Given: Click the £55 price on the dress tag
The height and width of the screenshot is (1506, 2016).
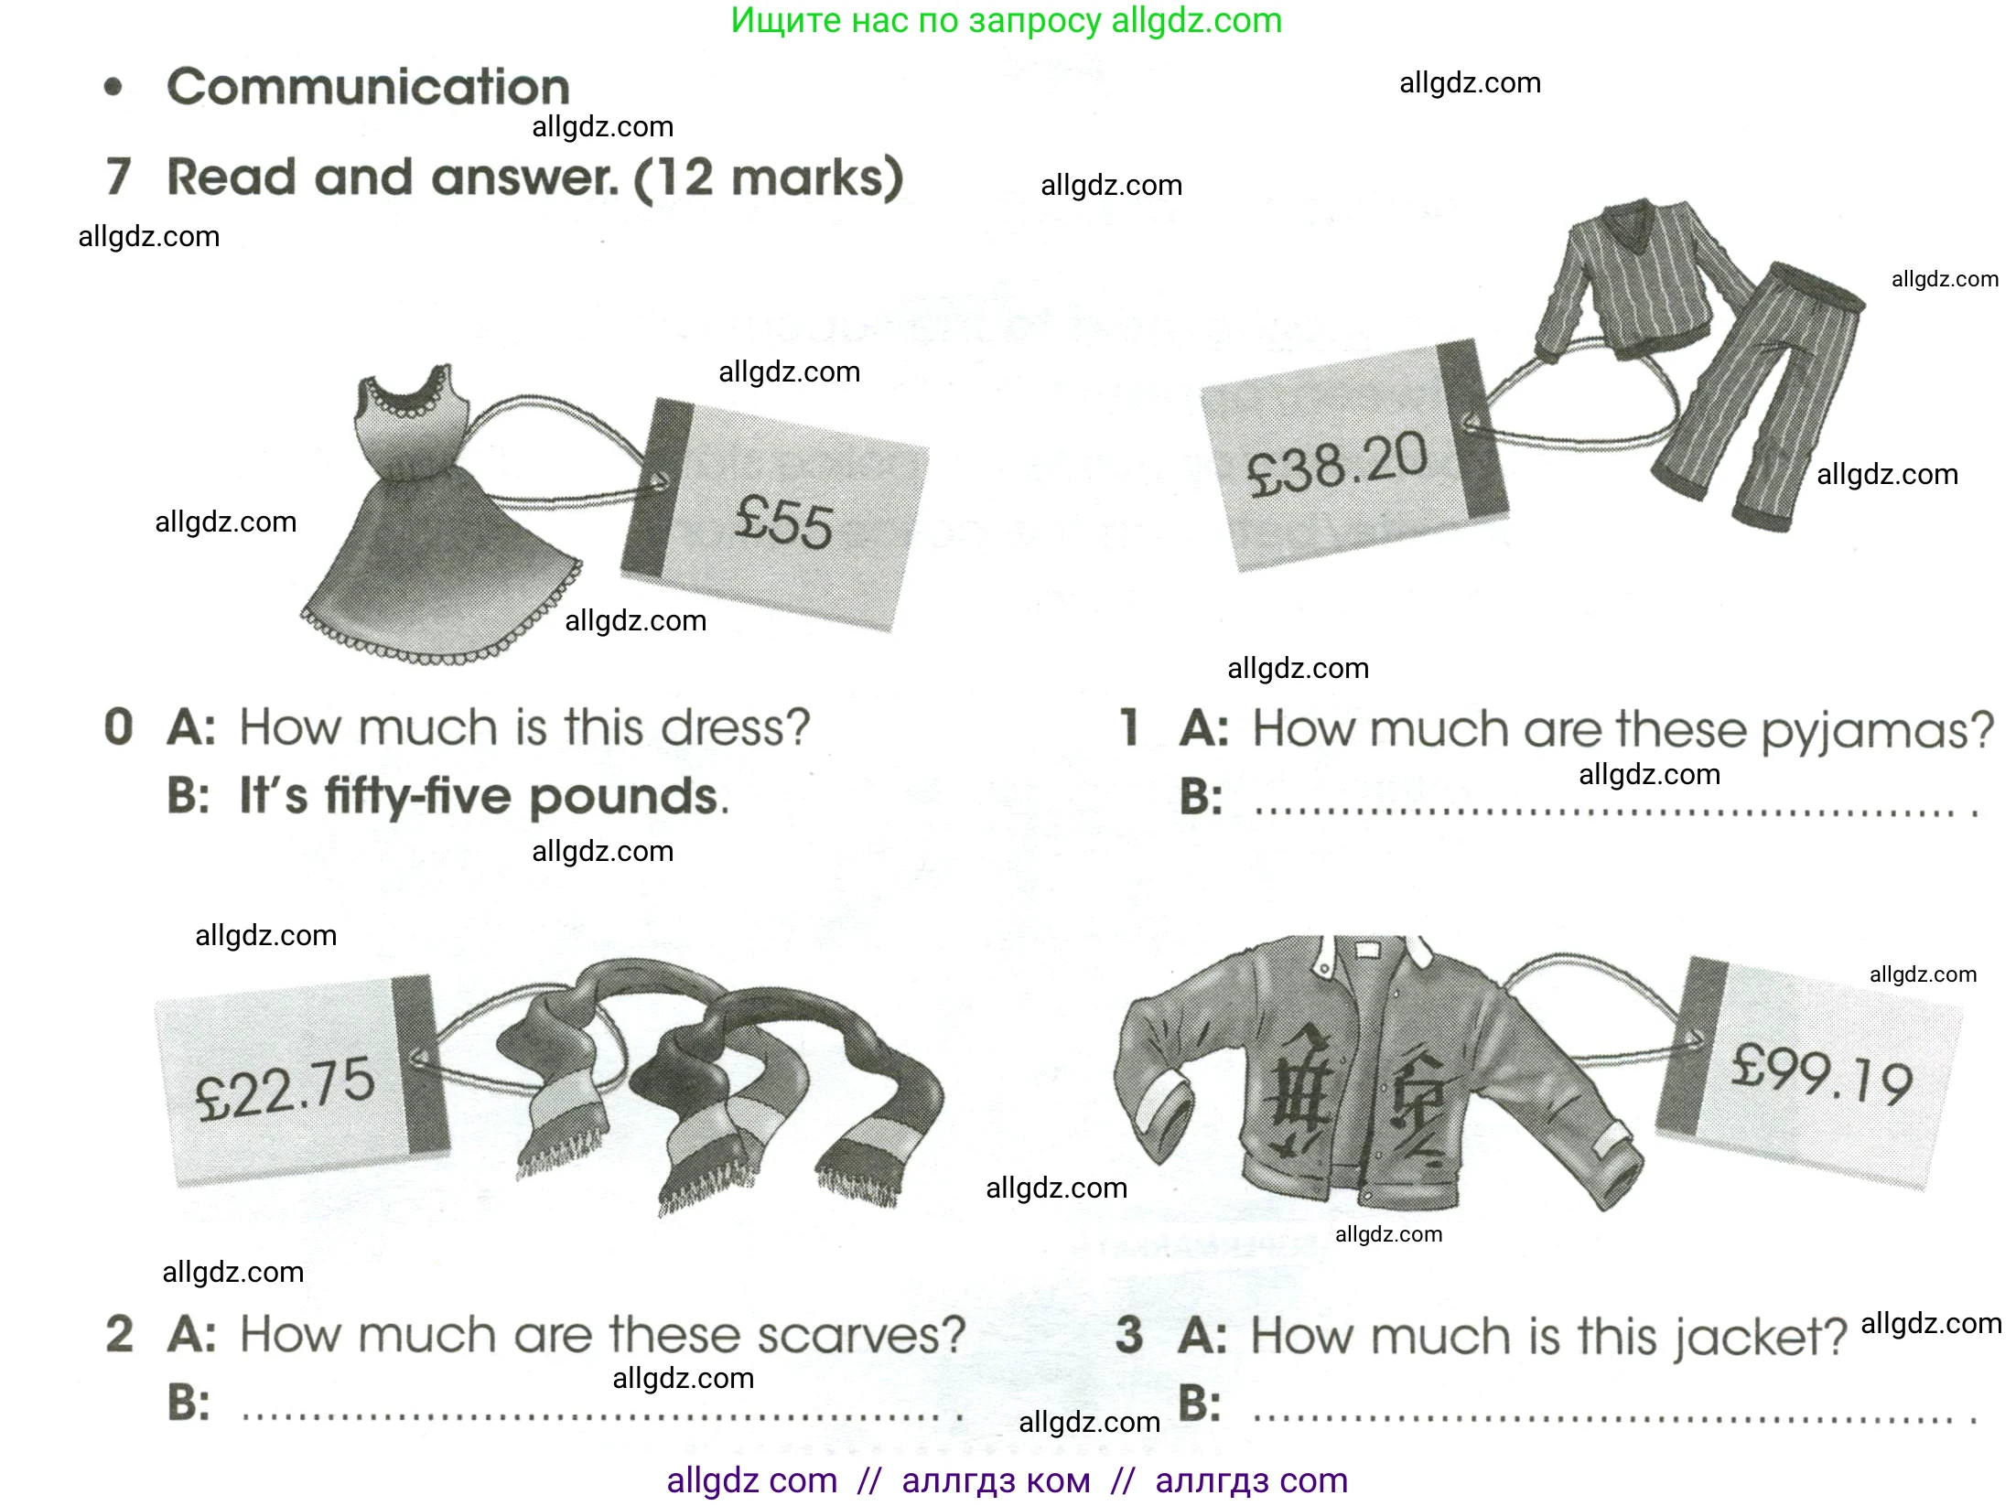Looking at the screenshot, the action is click(x=784, y=522).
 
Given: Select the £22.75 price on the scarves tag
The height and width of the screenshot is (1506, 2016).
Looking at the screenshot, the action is click(x=285, y=1089).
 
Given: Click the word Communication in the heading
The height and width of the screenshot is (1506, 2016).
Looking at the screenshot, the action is click(x=368, y=87).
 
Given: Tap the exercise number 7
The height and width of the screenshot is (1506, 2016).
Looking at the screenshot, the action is click(x=119, y=177).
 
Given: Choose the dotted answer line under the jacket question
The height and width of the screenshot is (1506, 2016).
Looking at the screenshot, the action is click(x=1615, y=1419).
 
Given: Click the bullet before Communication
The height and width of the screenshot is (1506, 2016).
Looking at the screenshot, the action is click(x=113, y=88).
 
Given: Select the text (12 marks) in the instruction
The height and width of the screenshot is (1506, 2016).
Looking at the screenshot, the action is click(x=769, y=178).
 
